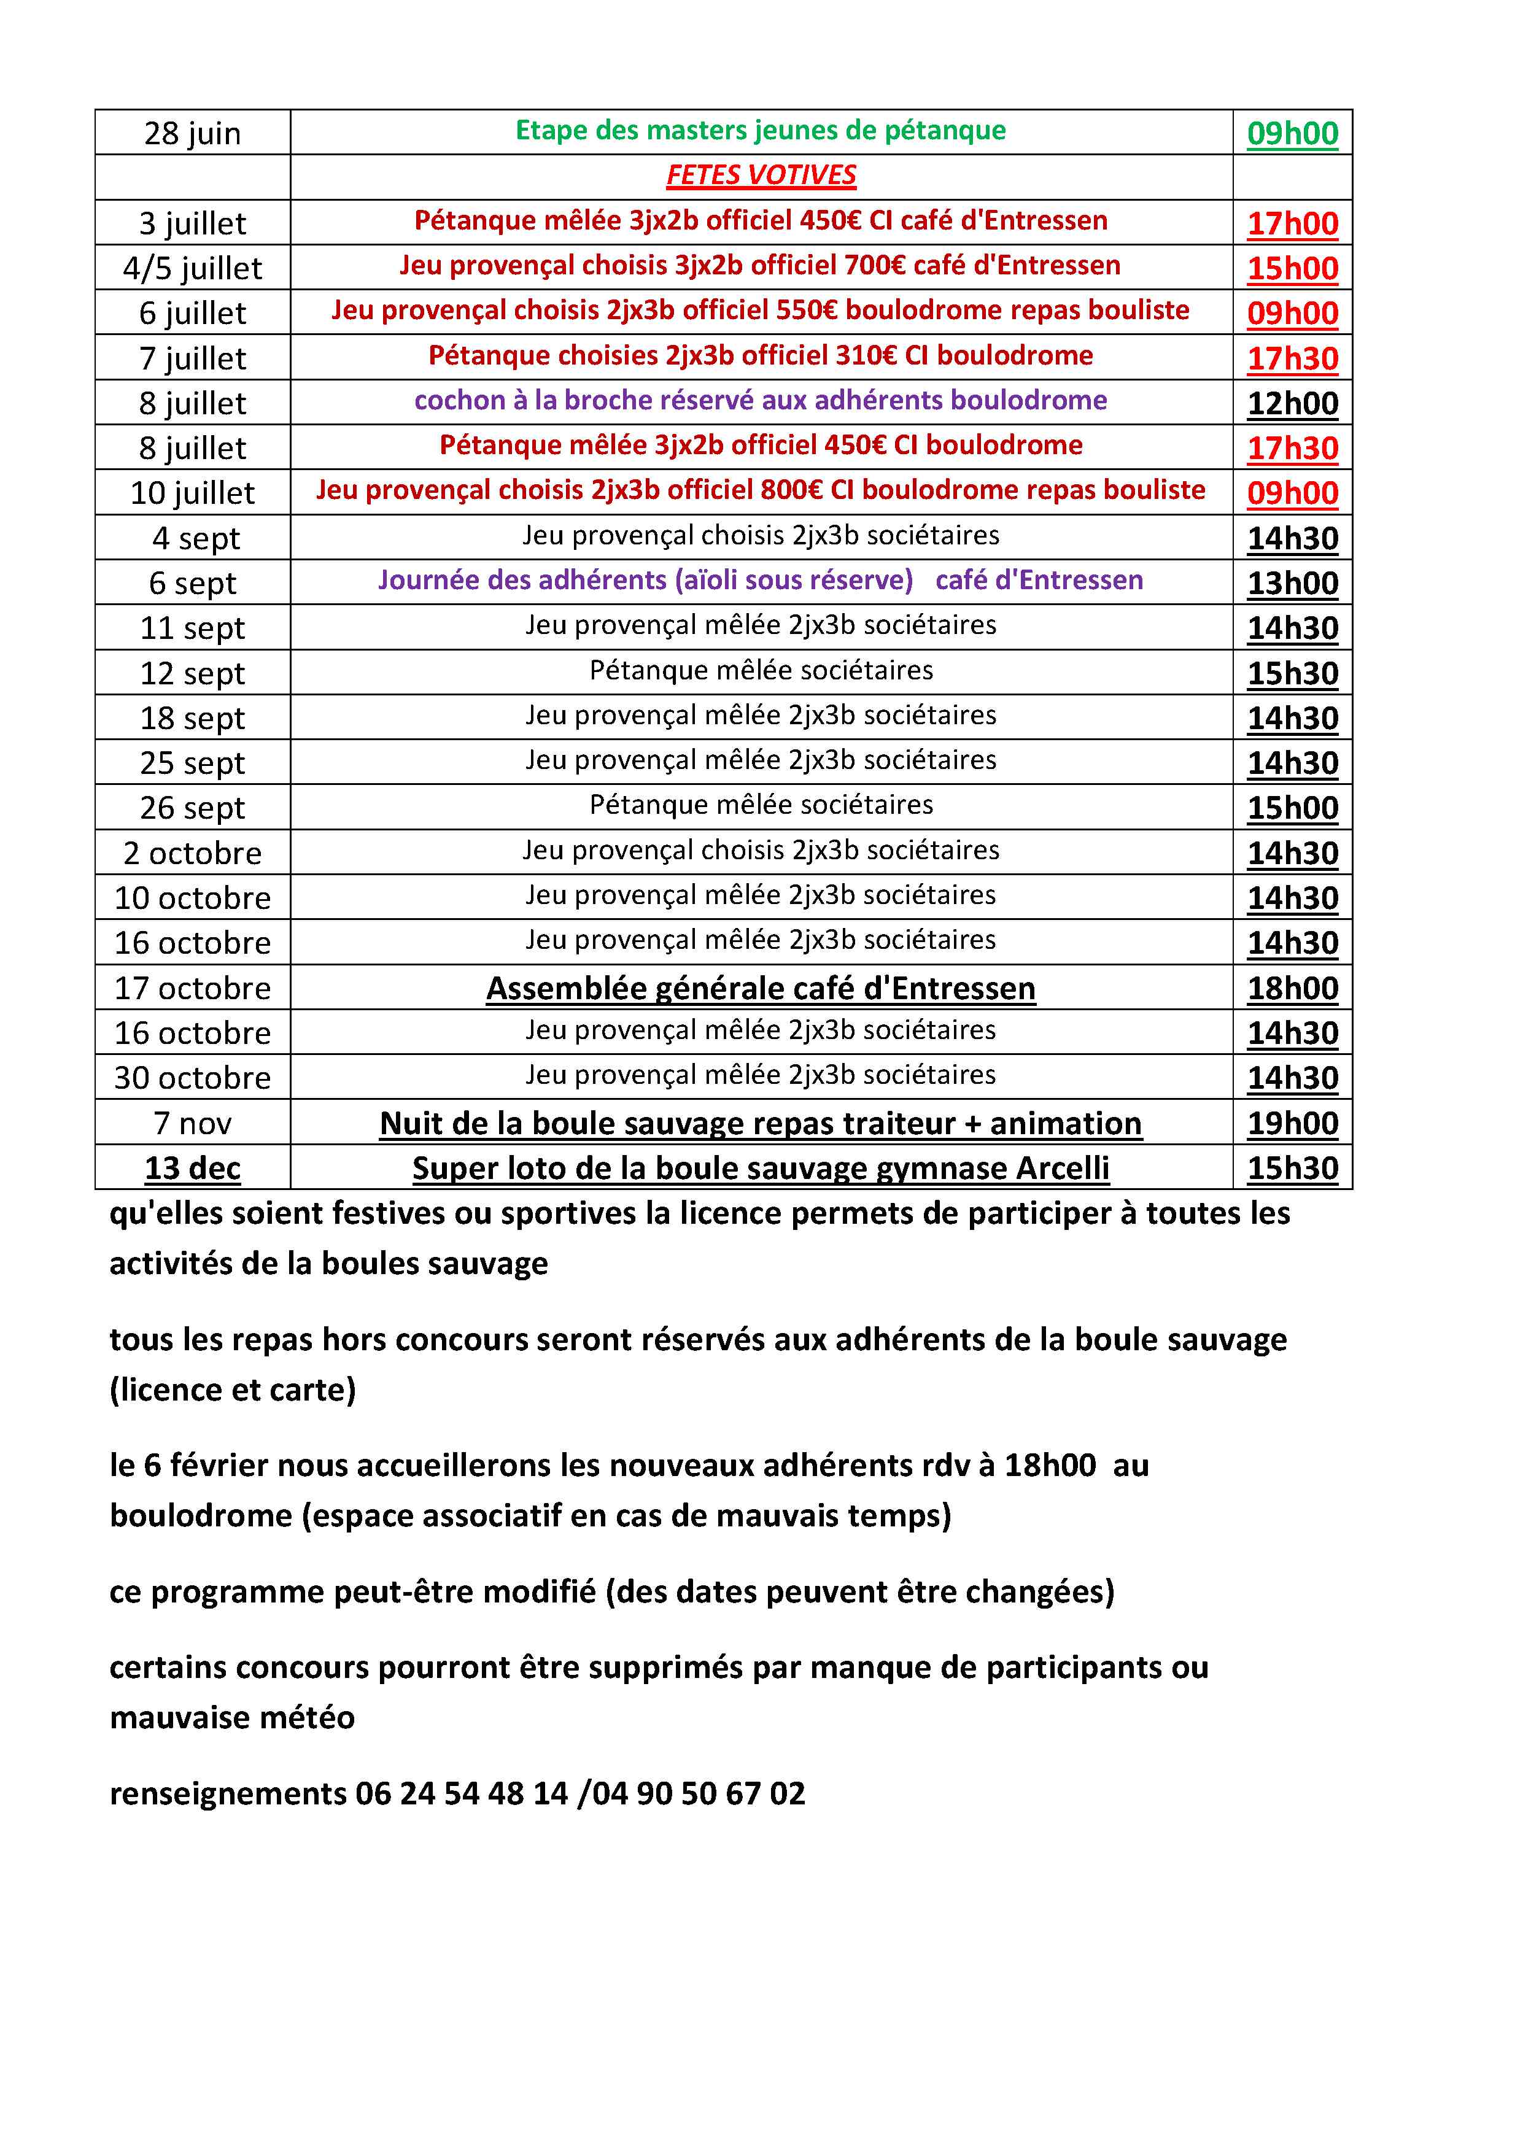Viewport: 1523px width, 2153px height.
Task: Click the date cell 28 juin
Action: [192, 133]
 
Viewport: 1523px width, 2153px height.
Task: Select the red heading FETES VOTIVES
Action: [761, 176]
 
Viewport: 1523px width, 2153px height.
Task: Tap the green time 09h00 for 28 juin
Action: [1292, 133]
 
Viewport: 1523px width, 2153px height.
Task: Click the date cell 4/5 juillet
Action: [192, 268]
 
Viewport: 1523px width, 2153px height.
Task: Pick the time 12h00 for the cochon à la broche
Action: [1292, 403]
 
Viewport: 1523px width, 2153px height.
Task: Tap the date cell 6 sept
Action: [192, 583]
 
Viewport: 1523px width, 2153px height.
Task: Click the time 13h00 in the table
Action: [1292, 583]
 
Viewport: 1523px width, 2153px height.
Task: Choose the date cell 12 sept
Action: [192, 673]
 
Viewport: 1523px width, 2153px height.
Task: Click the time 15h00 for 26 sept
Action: [1292, 808]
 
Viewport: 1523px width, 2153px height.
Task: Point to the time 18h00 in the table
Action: [1292, 988]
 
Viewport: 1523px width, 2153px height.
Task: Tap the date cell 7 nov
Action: [192, 1123]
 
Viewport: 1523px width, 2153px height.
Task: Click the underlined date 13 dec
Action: [192, 1169]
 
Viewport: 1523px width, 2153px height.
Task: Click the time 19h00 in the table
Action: [1292, 1123]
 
